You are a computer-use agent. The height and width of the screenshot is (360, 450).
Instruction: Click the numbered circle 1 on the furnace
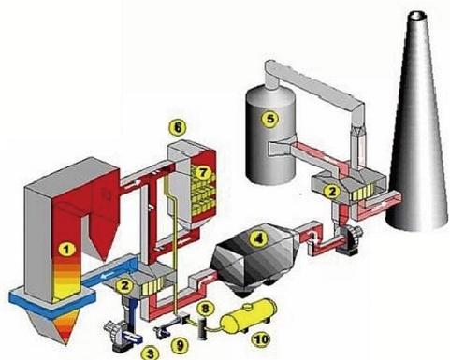[x=66, y=249]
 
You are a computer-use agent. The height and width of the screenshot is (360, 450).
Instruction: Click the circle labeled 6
[x=178, y=127]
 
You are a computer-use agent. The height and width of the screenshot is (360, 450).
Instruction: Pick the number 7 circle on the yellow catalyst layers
[x=203, y=172]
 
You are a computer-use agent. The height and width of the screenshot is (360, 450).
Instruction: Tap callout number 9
[x=180, y=345]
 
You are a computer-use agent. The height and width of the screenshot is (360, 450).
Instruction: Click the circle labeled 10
[x=261, y=339]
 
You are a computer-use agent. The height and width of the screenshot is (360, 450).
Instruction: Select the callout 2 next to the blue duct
[x=124, y=285]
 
